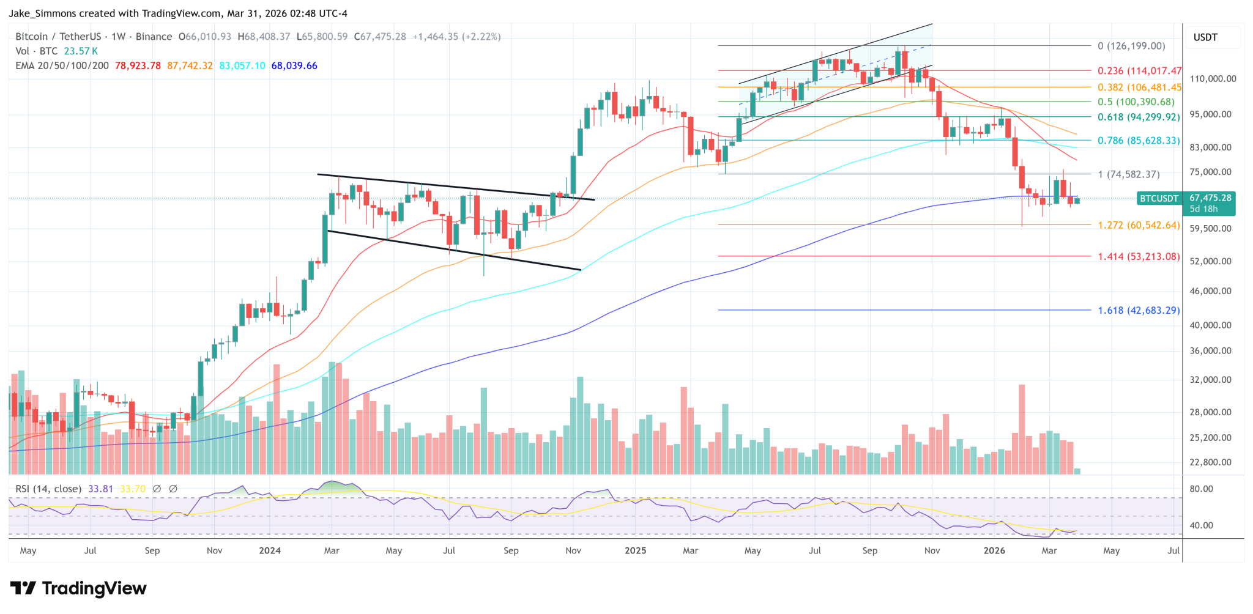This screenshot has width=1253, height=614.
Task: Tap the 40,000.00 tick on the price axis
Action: click(x=1210, y=325)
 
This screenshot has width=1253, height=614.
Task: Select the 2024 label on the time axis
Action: click(x=270, y=550)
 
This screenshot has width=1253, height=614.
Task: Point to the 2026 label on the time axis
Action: click(x=994, y=550)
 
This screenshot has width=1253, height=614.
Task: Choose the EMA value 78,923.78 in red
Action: click(x=138, y=65)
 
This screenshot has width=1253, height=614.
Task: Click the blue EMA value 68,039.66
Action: click(x=294, y=65)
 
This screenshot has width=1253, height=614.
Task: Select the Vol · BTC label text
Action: click(x=36, y=51)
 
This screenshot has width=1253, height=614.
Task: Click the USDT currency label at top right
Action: click(x=1205, y=37)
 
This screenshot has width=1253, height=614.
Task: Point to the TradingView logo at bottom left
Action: click(x=78, y=588)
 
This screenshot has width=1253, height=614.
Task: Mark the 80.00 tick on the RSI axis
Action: click(x=1201, y=489)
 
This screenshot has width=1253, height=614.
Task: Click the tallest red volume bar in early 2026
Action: click(x=1022, y=428)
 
